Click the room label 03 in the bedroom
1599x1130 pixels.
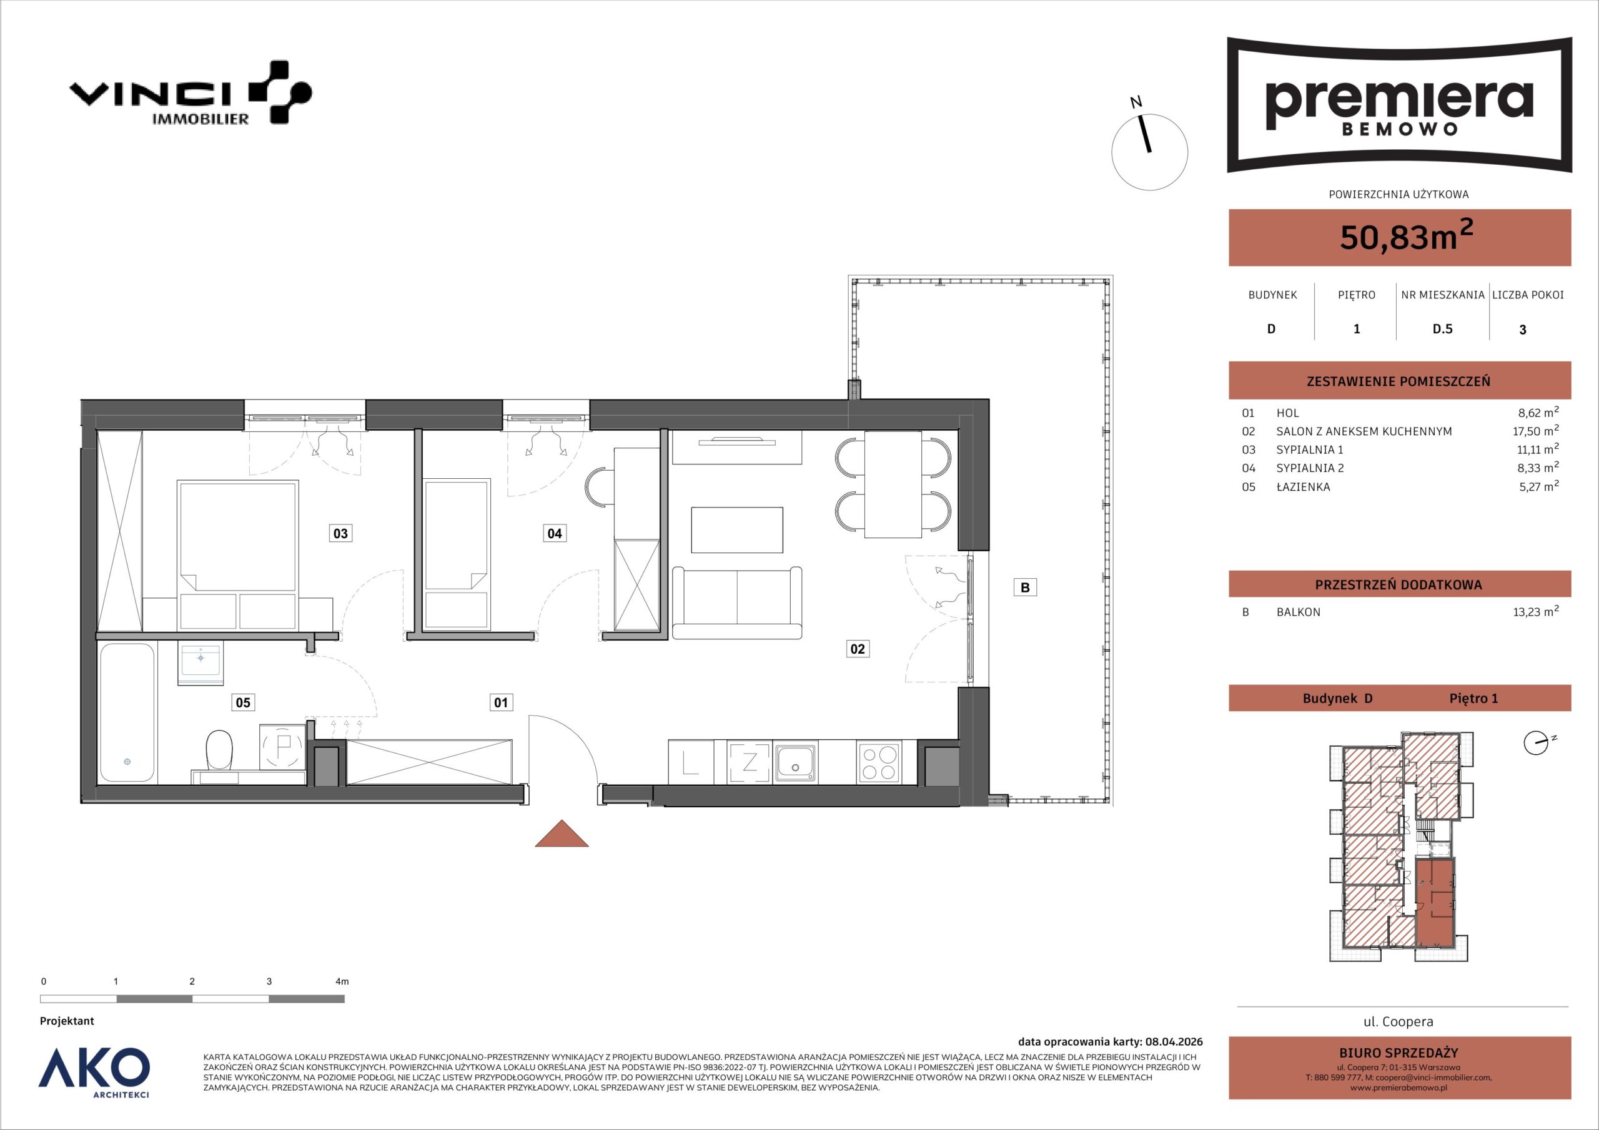[x=340, y=533]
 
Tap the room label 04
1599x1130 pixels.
[x=555, y=533]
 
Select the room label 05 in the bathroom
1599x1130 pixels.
[x=242, y=702]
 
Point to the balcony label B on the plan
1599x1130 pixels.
[x=1024, y=587]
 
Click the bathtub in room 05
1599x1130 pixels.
[x=127, y=712]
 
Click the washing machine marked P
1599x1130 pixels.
[x=282, y=747]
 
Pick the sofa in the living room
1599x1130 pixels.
[x=737, y=603]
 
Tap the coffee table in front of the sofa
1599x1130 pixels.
[x=737, y=530]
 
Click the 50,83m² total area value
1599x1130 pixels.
[x=1406, y=236]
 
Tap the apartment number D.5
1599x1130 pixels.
[x=1442, y=329]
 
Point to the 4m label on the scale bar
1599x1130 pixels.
[x=342, y=981]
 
